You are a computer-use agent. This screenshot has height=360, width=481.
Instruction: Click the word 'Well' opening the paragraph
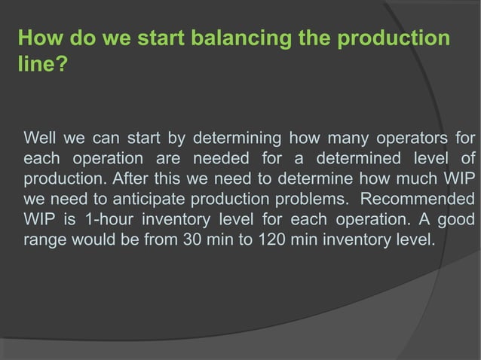click(x=41, y=139)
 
